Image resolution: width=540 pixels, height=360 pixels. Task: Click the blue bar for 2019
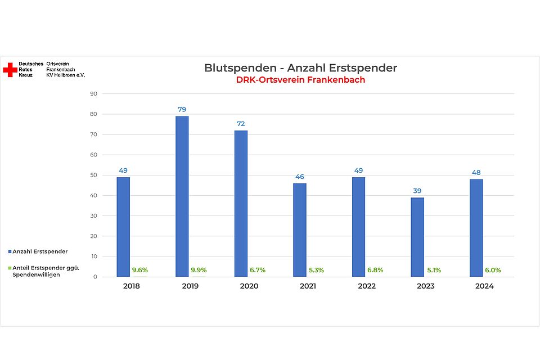pyautogui.click(x=182, y=196)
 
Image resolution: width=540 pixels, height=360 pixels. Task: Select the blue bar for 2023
pyautogui.click(x=417, y=237)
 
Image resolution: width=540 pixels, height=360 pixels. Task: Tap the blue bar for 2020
pyautogui.click(x=241, y=203)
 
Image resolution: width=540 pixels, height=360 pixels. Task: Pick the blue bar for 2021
pyautogui.click(x=299, y=229)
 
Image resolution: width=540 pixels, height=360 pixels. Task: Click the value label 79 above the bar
pyautogui.click(x=182, y=109)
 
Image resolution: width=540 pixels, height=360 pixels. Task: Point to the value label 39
pyautogui.click(x=417, y=191)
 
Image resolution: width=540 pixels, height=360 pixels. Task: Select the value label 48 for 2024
pyautogui.click(x=476, y=173)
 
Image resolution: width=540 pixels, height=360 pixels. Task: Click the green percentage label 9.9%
pyautogui.click(x=198, y=270)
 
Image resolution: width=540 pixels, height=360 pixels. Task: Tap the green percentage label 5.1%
pyautogui.click(x=434, y=270)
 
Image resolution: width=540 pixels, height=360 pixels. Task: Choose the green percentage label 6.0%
pyautogui.click(x=493, y=270)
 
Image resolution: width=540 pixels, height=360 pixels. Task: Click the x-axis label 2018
pyautogui.click(x=131, y=286)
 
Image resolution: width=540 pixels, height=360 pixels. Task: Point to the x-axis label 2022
pyautogui.click(x=367, y=286)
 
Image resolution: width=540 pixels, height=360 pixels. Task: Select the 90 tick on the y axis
pyautogui.click(x=93, y=94)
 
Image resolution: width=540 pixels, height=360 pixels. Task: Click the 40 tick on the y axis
pyautogui.click(x=93, y=195)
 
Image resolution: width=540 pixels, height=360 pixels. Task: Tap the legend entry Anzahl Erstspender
pyautogui.click(x=39, y=251)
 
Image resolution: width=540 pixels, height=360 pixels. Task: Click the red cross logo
pyautogui.click(x=10, y=70)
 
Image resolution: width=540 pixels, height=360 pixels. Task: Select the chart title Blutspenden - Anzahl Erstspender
pyautogui.click(x=300, y=68)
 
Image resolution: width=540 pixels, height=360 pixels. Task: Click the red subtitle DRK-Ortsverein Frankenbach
pyautogui.click(x=300, y=80)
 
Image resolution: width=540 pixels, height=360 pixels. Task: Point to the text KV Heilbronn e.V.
pyautogui.click(x=65, y=75)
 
